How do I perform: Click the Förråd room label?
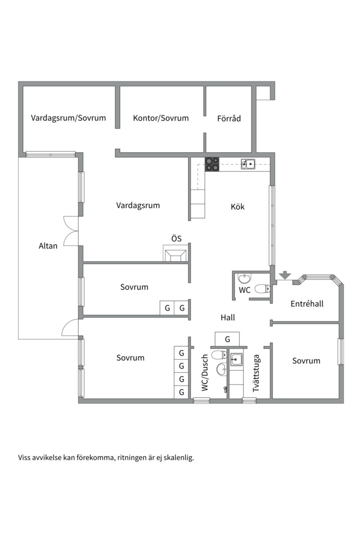click(229, 119)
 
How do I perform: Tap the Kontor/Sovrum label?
click(161, 118)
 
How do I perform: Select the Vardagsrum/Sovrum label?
click(68, 118)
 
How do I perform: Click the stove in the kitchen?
click(212, 164)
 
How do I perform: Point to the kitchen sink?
click(248, 163)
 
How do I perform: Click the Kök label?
click(237, 207)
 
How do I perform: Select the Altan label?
click(48, 246)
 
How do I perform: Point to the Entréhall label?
click(307, 304)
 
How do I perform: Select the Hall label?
click(228, 317)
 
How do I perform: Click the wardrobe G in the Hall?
click(227, 339)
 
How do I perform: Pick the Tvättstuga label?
click(256, 373)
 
